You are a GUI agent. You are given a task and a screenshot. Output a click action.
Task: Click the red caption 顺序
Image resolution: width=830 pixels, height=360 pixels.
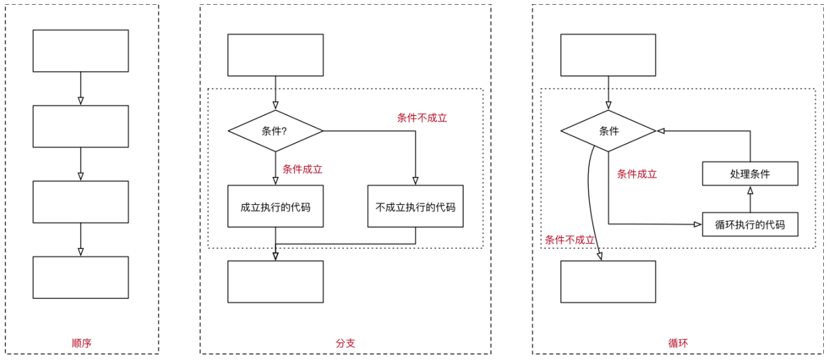pos(81,343)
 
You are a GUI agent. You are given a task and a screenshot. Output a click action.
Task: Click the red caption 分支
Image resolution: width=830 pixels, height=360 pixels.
pos(345,343)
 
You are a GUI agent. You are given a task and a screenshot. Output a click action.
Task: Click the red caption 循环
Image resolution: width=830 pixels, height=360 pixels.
pos(678,343)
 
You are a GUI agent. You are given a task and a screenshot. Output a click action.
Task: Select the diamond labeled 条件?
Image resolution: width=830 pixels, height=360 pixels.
pos(275,131)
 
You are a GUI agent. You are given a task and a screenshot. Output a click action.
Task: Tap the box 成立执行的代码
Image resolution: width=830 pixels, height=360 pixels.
pos(275,206)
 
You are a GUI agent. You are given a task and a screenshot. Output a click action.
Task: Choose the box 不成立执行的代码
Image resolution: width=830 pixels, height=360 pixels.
pos(415,206)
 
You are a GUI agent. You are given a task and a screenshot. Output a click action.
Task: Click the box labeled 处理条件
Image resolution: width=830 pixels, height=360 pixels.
pos(750,174)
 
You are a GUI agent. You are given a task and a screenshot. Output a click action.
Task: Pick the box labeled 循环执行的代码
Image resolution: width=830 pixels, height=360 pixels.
pos(750,224)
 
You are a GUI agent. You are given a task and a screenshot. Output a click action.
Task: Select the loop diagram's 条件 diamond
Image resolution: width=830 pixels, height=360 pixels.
pos(608,131)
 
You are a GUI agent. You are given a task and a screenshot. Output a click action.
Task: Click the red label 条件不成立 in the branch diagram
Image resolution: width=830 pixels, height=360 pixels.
pos(422,118)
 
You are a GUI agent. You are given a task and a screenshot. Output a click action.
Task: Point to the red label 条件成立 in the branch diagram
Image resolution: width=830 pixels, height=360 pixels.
pos(302,169)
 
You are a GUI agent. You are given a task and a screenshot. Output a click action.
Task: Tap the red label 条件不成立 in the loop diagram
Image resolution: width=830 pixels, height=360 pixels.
pos(570,240)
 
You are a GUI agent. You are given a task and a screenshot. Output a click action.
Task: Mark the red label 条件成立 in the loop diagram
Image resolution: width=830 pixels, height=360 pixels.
pos(637,174)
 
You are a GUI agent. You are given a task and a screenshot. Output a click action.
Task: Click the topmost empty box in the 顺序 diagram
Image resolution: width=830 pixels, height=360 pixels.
pos(81,51)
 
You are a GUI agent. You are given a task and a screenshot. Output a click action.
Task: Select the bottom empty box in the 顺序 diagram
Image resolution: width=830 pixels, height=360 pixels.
pos(81,277)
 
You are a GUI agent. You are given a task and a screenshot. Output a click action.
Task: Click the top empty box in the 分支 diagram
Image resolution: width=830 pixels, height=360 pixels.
pos(275,55)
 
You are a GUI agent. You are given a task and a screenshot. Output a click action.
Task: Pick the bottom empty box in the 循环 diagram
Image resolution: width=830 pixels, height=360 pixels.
pos(608,281)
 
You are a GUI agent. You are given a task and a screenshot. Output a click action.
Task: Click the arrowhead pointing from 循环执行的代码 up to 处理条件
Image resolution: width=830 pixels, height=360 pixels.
pos(750,191)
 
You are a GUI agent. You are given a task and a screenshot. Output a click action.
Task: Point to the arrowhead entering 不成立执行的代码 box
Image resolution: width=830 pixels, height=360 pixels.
pos(415,181)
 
